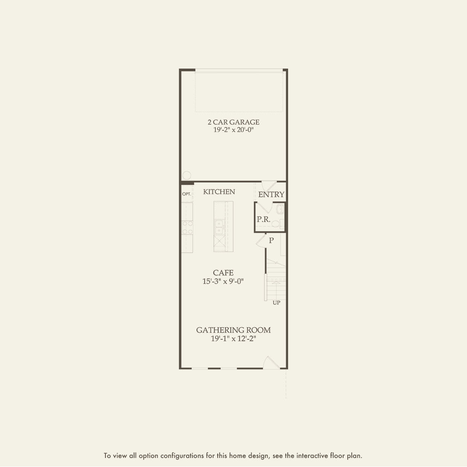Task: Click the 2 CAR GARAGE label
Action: (x=233, y=122)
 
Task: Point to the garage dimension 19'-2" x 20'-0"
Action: (x=233, y=130)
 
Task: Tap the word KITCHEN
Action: (x=219, y=192)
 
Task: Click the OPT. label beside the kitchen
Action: (x=187, y=194)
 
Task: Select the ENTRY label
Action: (x=271, y=194)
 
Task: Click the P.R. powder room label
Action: (x=264, y=219)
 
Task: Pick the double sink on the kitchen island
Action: (x=219, y=227)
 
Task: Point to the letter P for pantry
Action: (x=271, y=240)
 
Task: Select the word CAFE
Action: (x=223, y=273)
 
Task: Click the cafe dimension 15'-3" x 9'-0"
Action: (x=223, y=281)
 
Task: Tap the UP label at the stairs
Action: (x=276, y=303)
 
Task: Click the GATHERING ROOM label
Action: (x=233, y=330)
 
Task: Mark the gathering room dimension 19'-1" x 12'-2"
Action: (x=233, y=339)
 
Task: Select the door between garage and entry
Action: (x=268, y=186)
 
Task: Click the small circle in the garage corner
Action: (x=186, y=175)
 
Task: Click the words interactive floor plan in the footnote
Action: (x=329, y=456)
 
